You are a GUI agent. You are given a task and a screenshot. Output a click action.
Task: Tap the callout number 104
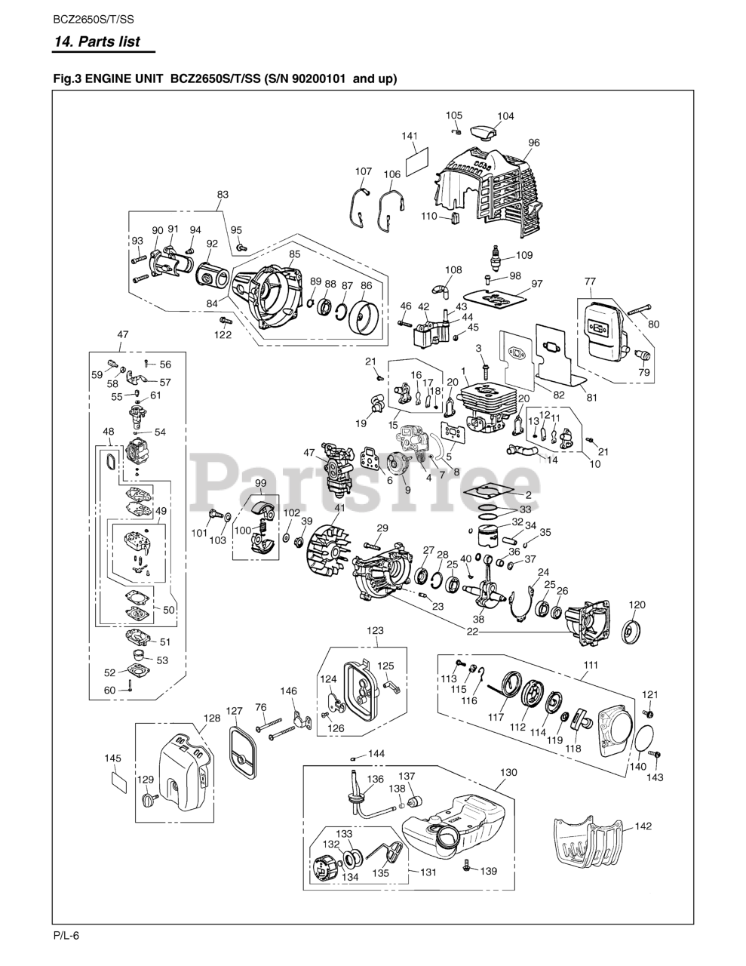click(x=505, y=116)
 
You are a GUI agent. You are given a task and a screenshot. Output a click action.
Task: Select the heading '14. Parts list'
click(x=97, y=42)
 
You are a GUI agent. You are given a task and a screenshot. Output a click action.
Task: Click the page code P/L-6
click(x=66, y=936)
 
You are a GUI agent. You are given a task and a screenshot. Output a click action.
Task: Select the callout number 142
click(x=643, y=826)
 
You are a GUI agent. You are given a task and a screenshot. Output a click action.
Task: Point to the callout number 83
click(x=223, y=195)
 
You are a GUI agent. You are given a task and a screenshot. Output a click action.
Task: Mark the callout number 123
click(x=375, y=630)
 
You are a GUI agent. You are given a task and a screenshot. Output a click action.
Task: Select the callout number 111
click(x=591, y=664)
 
